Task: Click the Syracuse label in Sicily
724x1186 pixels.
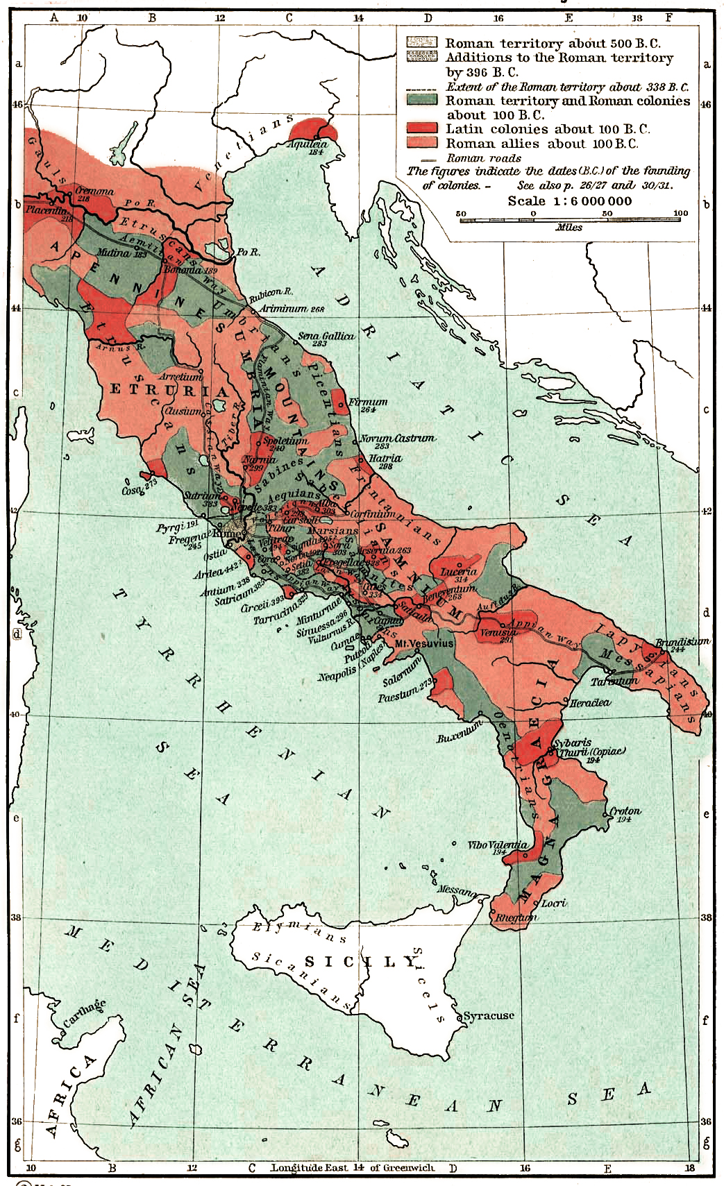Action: tap(489, 1015)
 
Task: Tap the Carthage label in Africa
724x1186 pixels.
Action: tap(85, 1013)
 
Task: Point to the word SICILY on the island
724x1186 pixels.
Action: tap(360, 962)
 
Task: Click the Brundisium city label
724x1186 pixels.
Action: tap(682, 642)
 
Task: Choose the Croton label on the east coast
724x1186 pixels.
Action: tap(625, 811)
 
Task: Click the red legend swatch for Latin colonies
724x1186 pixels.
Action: tap(422, 128)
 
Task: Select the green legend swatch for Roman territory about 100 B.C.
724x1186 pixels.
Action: tap(422, 100)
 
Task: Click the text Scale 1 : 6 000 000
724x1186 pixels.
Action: tap(569, 201)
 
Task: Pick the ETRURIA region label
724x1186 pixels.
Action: tap(169, 390)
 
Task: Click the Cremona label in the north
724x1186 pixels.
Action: tap(94, 192)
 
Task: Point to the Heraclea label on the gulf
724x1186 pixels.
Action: tap(589, 702)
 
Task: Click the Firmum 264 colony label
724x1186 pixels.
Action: tap(368, 403)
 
